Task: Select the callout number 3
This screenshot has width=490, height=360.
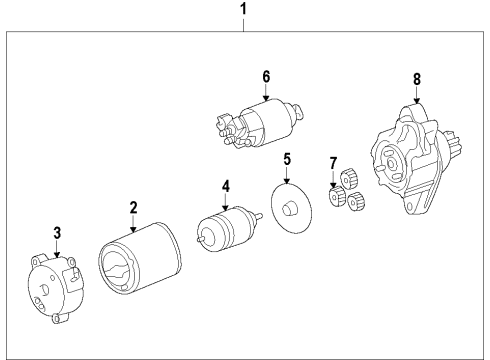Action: tap(58, 232)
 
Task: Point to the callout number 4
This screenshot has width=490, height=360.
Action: tap(226, 185)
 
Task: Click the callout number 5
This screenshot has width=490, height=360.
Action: tap(286, 158)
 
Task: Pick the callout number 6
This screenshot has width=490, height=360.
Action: tap(266, 76)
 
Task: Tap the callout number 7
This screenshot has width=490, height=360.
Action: tap(334, 163)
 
